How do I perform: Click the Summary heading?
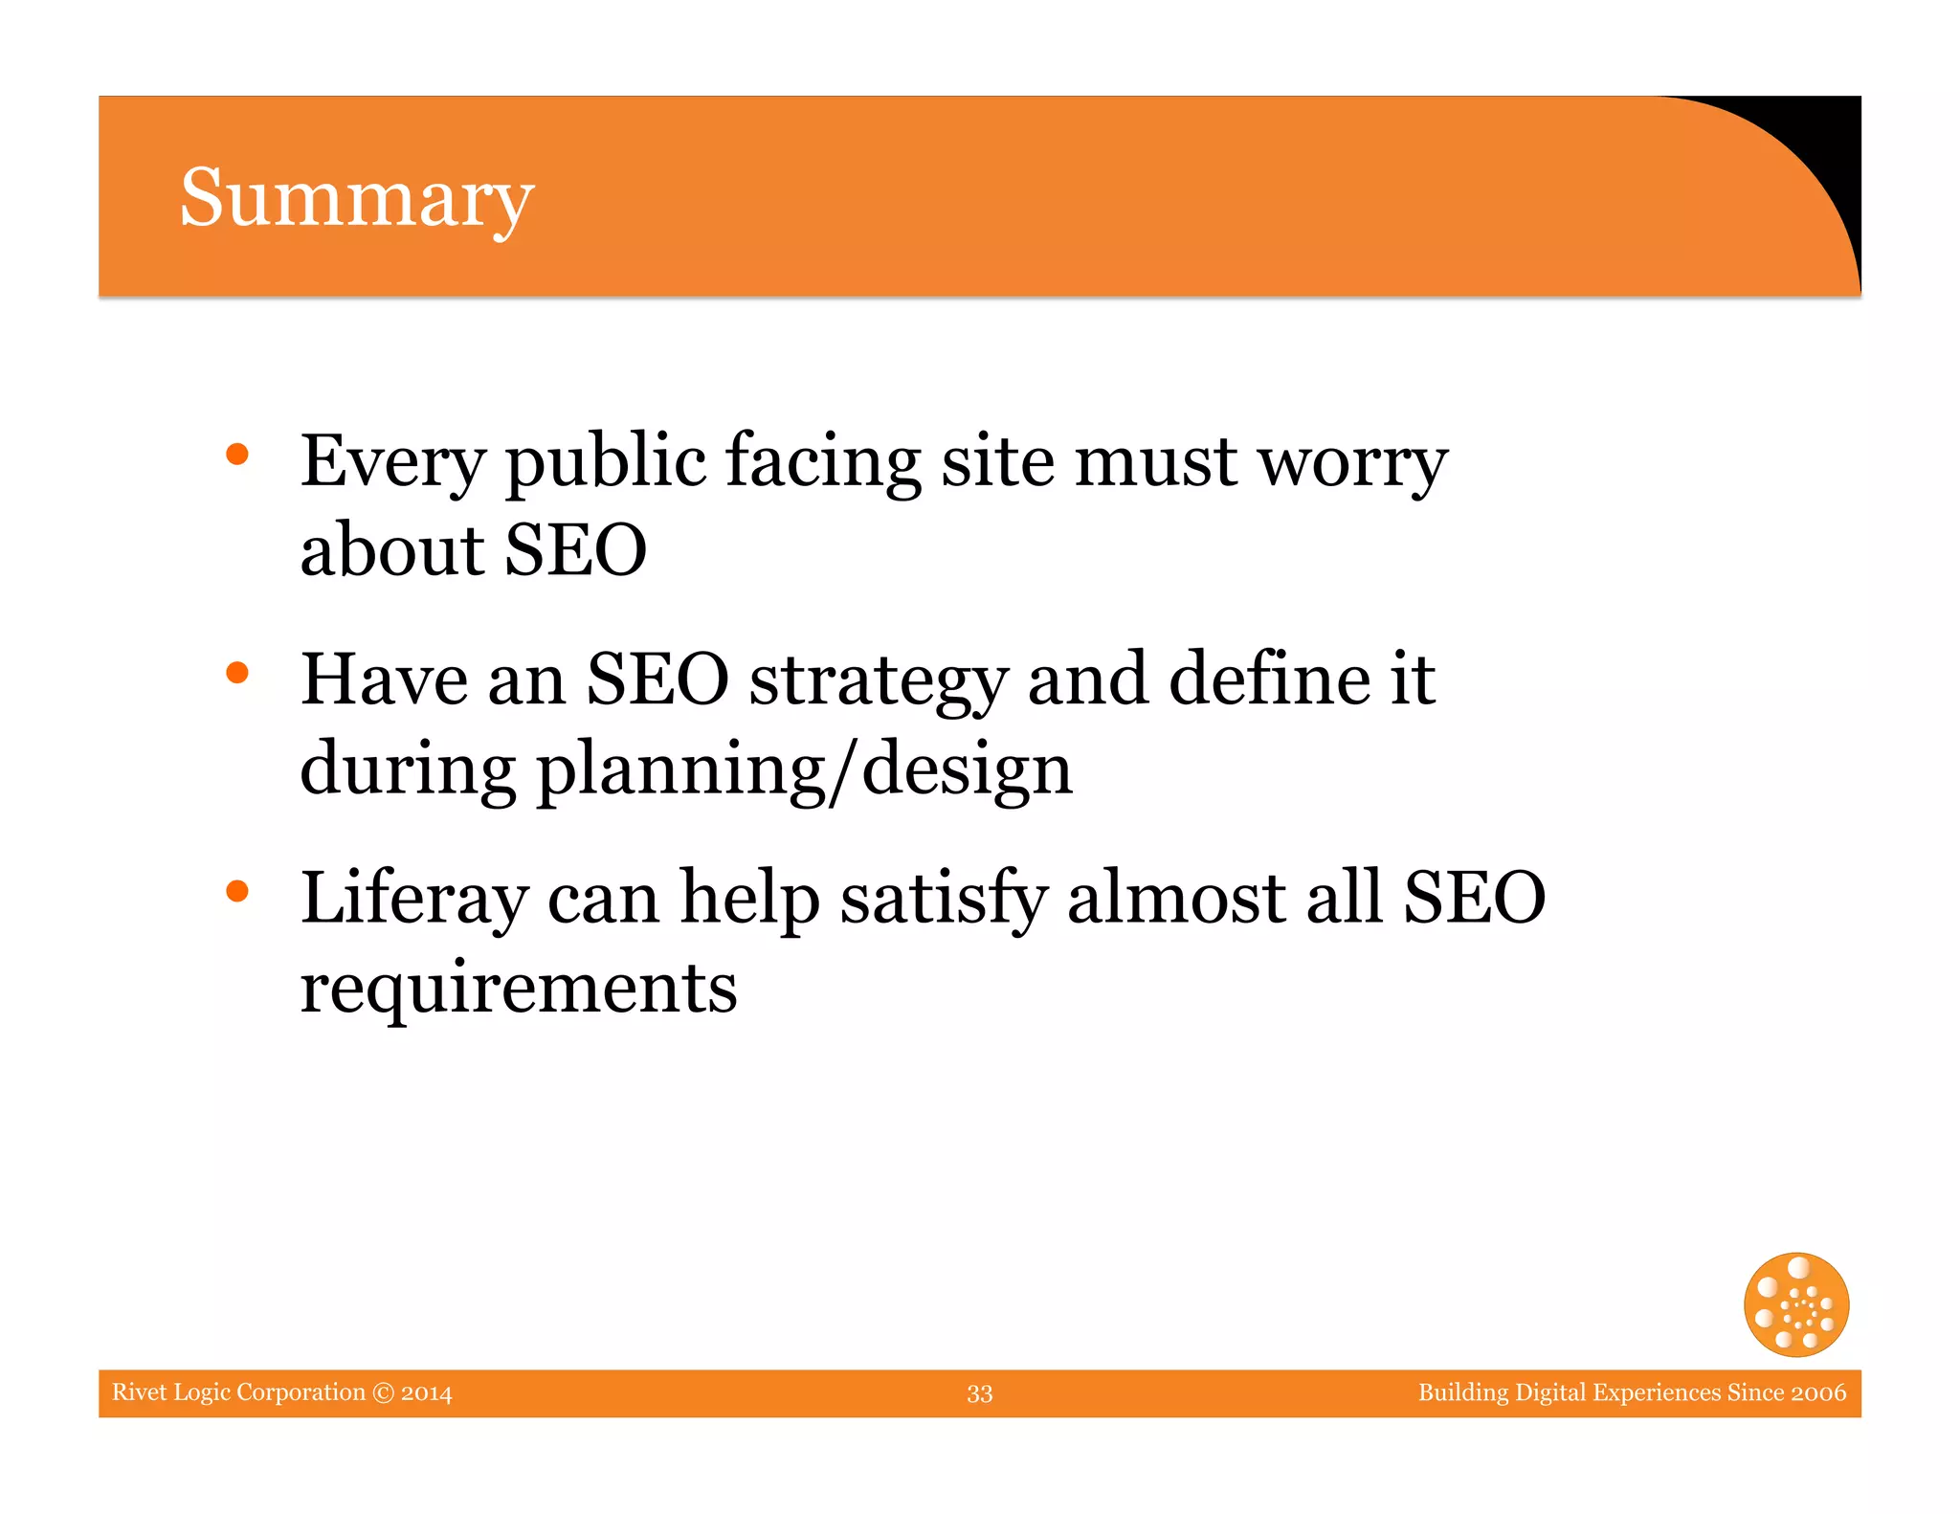coord(356,198)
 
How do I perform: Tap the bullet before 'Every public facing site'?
coord(237,455)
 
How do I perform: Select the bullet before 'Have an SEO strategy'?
coord(237,673)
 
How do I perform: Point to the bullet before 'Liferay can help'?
coord(237,891)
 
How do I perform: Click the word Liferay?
coord(413,900)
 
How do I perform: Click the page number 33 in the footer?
coord(979,1393)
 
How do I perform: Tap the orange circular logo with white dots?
coord(1795,1304)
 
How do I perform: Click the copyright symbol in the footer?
coord(383,1392)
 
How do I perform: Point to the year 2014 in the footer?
coord(427,1392)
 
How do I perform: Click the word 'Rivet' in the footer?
coord(139,1392)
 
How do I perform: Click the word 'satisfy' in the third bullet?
coord(944,900)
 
